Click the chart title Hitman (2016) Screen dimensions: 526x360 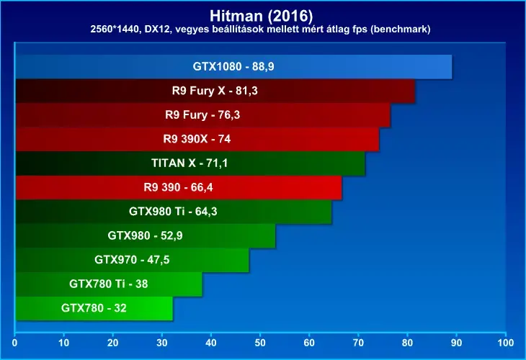261,15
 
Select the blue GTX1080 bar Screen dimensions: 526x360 233,67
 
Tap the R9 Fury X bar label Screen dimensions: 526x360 215,91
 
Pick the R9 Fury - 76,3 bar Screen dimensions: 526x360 203,115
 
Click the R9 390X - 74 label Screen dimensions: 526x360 197,139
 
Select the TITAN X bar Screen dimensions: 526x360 190,163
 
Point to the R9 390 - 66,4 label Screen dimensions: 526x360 178,187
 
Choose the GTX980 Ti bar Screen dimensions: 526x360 174,212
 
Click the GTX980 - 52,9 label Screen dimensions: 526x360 146,235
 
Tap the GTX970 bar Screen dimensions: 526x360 133,260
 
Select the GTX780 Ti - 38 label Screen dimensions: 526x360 108,284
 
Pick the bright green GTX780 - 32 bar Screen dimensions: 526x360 94,308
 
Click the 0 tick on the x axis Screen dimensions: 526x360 14,343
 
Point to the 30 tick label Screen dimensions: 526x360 162,343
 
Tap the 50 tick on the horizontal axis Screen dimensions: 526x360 260,343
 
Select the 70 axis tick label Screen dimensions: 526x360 358,343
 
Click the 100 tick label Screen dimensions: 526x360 506,343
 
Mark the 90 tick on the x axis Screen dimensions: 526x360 456,343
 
